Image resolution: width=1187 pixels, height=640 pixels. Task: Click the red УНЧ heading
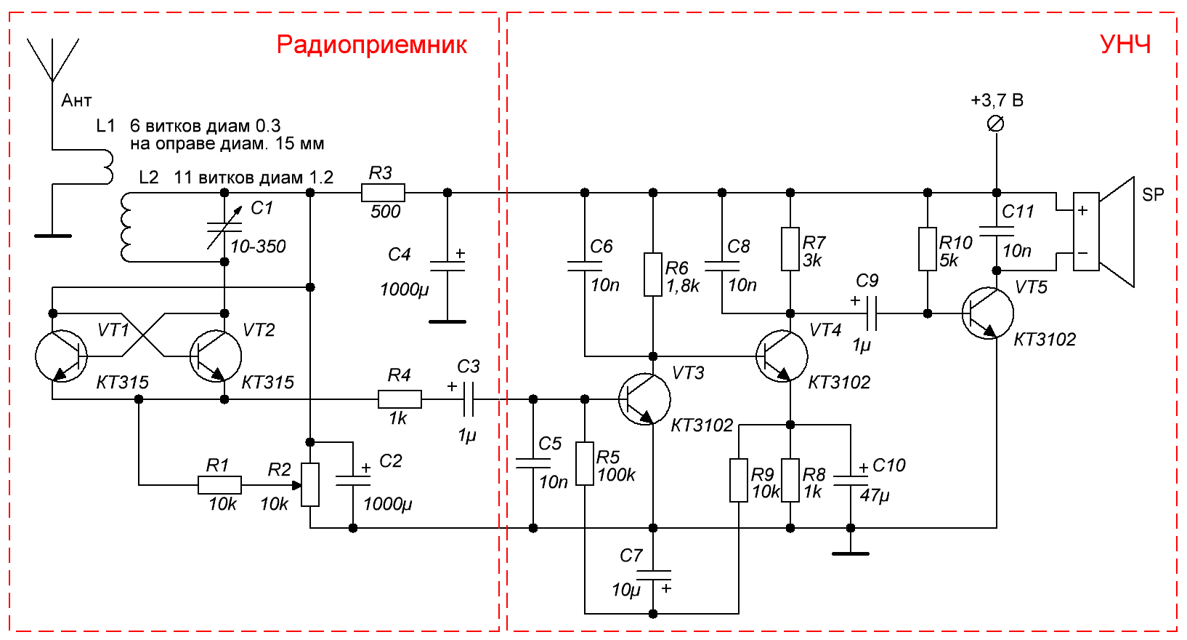(1125, 44)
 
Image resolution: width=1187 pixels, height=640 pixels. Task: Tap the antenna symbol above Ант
(52, 60)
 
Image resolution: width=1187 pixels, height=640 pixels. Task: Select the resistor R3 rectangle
(383, 193)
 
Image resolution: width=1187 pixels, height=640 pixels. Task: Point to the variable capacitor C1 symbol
(224, 227)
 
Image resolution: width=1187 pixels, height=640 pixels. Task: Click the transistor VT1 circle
(61, 356)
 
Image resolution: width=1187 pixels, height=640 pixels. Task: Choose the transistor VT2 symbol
(216, 356)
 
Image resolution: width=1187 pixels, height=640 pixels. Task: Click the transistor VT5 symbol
(988, 313)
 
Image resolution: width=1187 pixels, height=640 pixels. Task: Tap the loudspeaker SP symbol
(1103, 232)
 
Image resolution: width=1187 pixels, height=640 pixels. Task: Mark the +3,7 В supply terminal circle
(996, 124)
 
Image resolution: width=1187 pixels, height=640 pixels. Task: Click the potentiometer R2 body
(310, 484)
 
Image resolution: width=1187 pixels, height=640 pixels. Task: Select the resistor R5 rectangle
(585, 463)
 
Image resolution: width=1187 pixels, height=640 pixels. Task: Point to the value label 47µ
(875, 495)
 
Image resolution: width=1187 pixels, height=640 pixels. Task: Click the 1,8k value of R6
(683, 286)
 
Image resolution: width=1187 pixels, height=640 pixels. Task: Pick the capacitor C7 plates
(653, 575)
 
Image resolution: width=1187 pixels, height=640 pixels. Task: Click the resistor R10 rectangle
(928, 249)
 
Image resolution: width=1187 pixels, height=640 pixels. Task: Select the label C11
(1018, 212)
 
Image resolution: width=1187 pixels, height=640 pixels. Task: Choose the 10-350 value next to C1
(258, 247)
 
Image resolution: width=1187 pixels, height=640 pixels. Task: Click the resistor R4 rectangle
(400, 399)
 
